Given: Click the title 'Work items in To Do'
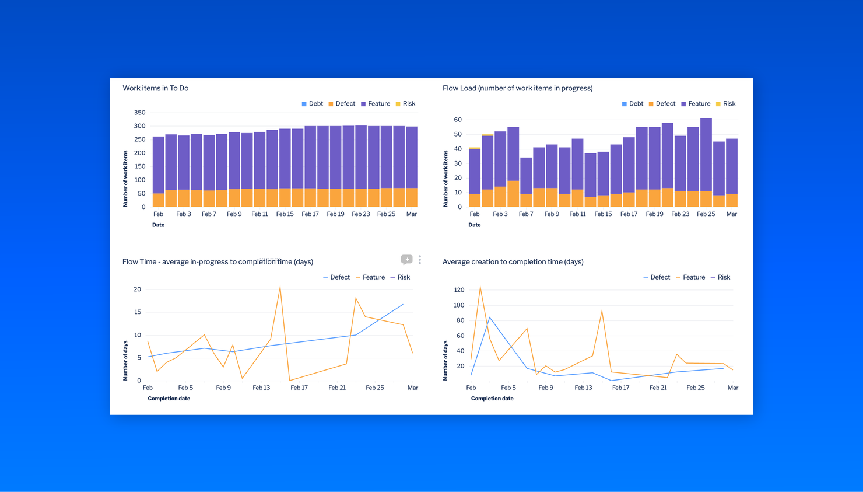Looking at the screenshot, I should [156, 88].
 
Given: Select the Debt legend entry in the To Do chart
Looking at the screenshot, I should [313, 104].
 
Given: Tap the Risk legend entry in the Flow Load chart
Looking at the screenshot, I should [726, 104].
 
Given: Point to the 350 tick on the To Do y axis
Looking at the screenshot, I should [139, 113].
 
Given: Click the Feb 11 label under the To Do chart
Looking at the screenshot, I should [259, 214].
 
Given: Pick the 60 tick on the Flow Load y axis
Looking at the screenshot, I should [458, 120].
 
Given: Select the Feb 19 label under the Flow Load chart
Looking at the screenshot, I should [654, 214].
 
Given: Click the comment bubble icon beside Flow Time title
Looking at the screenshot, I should [406, 260].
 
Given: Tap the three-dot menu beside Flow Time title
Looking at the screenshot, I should [420, 260].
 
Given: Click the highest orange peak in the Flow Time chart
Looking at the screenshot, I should [280, 287].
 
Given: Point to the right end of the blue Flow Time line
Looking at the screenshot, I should [403, 304].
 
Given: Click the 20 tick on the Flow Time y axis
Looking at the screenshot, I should [138, 289].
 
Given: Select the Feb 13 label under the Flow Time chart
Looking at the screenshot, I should [261, 388].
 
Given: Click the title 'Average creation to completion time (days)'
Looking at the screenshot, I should [513, 262].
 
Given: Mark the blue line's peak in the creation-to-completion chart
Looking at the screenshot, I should [490, 317].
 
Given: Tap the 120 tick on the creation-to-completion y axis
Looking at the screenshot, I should [459, 290].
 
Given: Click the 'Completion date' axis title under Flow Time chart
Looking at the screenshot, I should [169, 399].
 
